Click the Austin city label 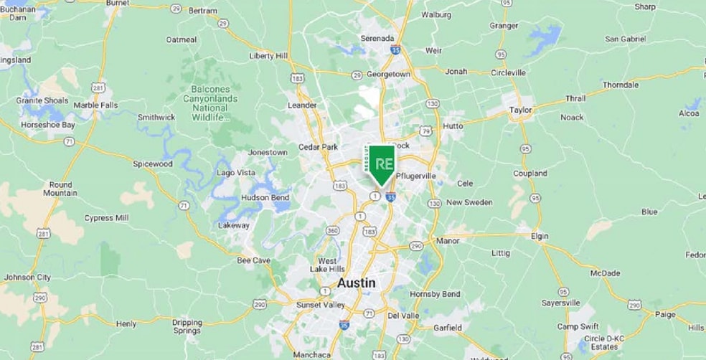point(356,283)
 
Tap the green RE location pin point(382,164)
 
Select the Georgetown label point(388,74)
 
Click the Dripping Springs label point(187,327)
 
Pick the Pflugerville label point(416,176)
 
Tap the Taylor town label point(520,110)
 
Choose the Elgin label point(540,235)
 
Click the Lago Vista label point(236,173)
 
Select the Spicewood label point(153,164)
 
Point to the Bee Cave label point(253,260)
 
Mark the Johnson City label point(27,277)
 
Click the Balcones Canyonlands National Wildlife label point(206,98)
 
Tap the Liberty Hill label point(268,55)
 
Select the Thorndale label point(621,85)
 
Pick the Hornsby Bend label point(435,294)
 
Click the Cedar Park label point(318,147)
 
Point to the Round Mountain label point(60,189)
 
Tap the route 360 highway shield point(332,230)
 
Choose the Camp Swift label point(578,326)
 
